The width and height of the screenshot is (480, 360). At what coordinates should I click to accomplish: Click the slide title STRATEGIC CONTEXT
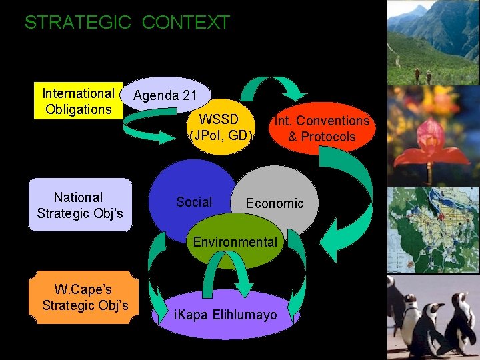127,23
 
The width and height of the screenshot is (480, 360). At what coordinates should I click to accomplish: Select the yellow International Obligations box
79,101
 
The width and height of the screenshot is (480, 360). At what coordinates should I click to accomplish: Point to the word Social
194,202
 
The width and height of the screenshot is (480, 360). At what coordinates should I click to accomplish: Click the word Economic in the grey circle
275,203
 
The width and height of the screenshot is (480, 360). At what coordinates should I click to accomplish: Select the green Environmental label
235,242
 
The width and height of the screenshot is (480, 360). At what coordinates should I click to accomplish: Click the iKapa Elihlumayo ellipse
225,314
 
